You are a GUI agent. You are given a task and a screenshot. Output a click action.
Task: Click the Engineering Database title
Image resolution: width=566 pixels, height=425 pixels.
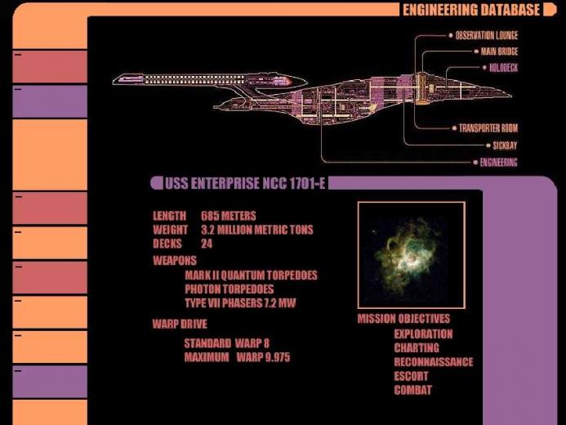point(471,10)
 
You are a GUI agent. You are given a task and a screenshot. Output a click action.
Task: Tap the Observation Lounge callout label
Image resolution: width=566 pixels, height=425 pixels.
point(487,35)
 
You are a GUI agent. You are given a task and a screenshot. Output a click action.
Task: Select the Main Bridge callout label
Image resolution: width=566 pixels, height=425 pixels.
point(499,51)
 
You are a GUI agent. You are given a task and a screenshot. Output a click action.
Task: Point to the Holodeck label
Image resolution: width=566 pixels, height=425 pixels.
point(504,68)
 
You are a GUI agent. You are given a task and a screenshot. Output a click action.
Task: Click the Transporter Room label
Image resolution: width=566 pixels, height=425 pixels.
point(488,128)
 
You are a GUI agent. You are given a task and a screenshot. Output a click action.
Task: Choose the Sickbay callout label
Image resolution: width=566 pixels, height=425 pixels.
point(505,145)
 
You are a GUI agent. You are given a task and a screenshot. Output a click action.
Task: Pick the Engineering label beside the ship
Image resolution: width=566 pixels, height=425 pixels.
point(498,163)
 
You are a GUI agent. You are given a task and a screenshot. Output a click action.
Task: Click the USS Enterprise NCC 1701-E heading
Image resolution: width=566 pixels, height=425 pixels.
point(245,183)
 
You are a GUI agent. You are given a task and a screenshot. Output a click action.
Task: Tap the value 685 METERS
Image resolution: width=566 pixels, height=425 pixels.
point(229,216)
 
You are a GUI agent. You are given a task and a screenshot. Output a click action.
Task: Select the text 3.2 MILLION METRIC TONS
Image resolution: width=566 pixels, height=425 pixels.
point(257,230)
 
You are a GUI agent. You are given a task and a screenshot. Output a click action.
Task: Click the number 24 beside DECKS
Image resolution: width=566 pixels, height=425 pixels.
point(207,244)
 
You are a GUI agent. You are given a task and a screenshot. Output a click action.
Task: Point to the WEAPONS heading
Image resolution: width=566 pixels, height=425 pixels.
point(175,261)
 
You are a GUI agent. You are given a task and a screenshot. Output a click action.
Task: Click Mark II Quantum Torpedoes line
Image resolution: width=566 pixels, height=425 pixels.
point(251,275)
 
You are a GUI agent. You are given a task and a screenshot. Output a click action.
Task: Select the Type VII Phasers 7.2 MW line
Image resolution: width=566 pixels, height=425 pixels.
point(240,303)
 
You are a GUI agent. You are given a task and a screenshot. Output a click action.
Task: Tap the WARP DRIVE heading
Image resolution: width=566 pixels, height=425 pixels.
point(180,324)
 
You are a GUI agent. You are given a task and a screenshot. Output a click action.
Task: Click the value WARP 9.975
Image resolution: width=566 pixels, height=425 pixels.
point(263,357)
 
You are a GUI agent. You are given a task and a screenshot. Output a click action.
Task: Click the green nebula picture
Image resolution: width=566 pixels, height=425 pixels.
point(412,255)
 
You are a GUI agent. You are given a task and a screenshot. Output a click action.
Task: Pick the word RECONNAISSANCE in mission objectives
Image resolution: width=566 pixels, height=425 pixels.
point(434,362)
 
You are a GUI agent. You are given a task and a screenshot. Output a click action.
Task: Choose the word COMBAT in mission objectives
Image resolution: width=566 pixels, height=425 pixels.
point(413,391)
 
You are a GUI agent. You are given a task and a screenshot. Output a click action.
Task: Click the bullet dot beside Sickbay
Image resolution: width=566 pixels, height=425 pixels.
point(488,145)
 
